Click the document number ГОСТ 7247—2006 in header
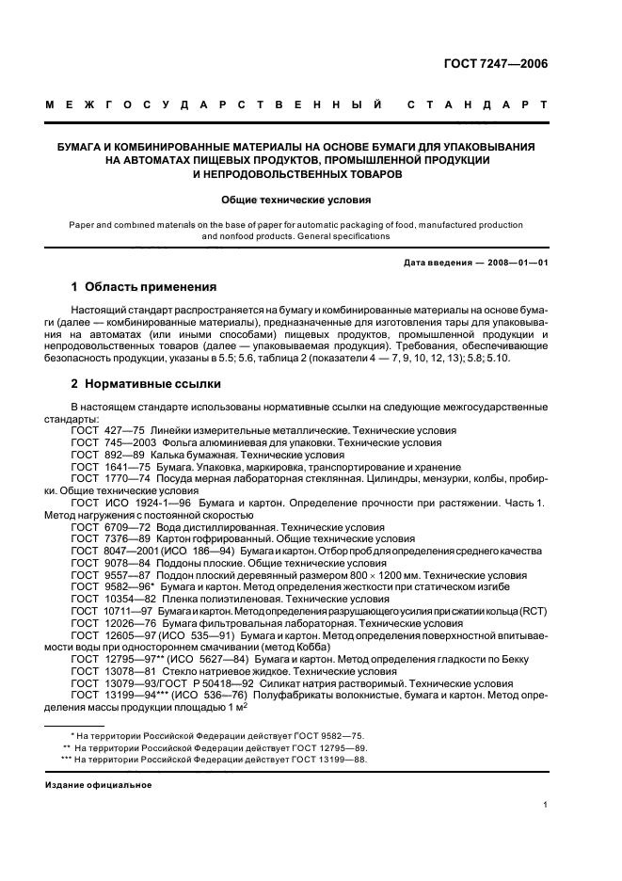click(x=500, y=65)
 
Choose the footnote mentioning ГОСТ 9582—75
click(x=204, y=733)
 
